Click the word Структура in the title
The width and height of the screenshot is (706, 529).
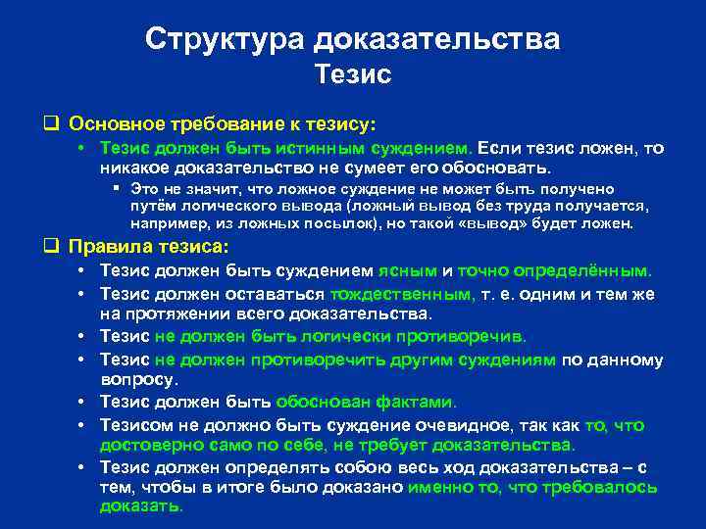click(225, 39)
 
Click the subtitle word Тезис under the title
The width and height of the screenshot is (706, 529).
click(352, 74)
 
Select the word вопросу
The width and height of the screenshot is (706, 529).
click(138, 379)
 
